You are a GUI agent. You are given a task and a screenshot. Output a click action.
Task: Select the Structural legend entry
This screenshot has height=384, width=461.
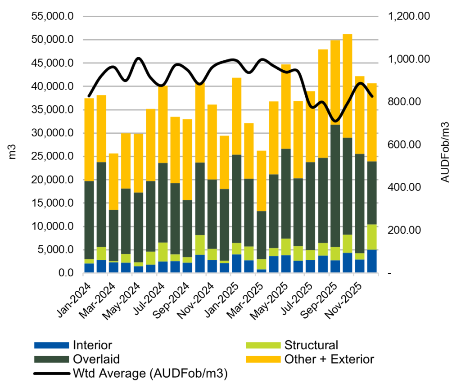pos(311,346)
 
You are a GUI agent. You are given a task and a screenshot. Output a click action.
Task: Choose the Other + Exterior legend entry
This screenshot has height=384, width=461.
pos(329,359)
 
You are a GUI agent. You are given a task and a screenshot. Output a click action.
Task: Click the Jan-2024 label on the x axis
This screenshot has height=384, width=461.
pos(77,299)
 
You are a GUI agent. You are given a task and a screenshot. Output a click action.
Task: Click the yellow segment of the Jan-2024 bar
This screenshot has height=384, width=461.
pos(89,140)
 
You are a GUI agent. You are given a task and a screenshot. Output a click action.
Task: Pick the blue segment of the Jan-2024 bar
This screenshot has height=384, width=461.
pos(89,268)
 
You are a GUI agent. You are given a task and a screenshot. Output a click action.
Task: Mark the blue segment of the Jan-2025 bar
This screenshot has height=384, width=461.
pos(236,264)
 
